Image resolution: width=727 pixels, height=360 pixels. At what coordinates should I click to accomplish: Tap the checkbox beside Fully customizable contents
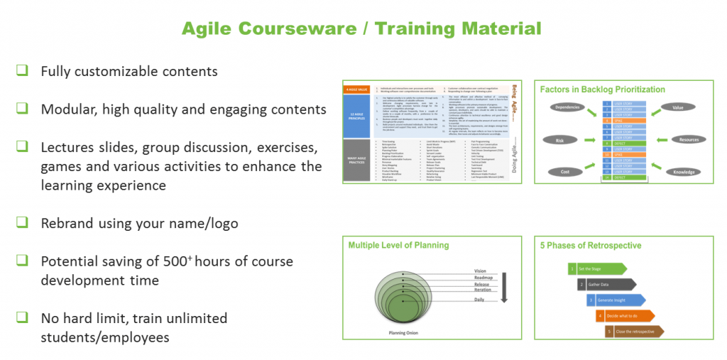point(23,70)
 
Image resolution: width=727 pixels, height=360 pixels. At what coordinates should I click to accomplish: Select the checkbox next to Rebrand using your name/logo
point(23,222)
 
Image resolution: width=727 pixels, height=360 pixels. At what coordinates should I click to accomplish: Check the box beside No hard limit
point(23,317)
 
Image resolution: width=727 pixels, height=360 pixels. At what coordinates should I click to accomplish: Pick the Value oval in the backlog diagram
point(677,108)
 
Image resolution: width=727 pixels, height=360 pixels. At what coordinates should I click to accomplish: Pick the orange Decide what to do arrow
point(625,316)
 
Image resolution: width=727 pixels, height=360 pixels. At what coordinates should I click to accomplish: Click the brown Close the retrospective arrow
point(635,332)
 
